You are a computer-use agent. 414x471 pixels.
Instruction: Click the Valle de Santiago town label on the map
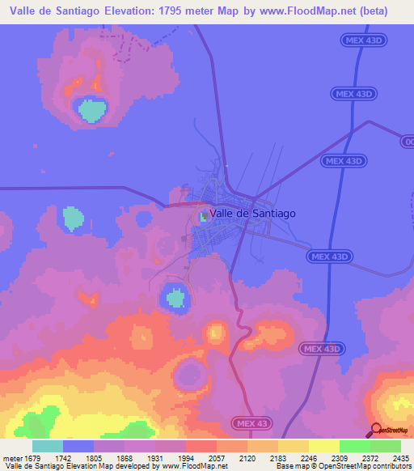[252, 214]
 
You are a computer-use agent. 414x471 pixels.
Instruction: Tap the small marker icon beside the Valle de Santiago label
[204, 215]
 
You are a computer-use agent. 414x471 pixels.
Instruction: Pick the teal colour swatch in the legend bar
[47, 446]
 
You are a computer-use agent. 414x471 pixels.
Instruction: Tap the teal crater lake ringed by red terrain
[91, 108]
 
